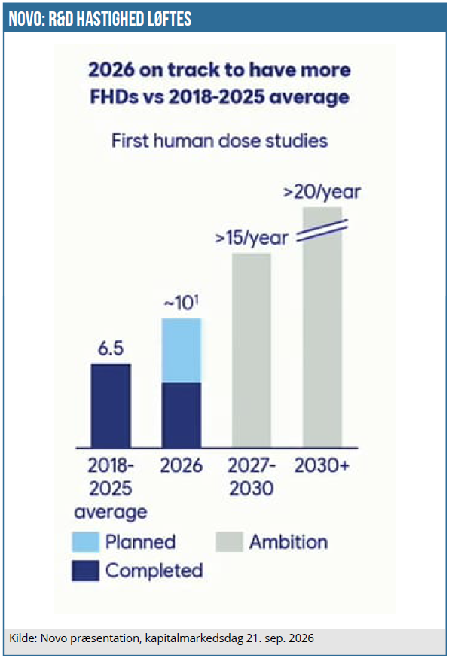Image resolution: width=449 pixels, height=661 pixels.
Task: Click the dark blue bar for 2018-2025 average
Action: (x=111, y=406)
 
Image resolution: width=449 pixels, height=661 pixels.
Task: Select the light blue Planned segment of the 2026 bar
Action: (x=182, y=351)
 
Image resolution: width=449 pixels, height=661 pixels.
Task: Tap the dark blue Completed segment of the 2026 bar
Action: (x=182, y=416)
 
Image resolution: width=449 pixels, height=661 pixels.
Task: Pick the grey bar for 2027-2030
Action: (x=252, y=350)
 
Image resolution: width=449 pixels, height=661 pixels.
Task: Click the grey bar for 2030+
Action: (x=322, y=327)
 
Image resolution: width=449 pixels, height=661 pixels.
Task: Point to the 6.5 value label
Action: (x=111, y=349)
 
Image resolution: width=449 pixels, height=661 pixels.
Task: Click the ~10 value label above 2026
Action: (x=181, y=303)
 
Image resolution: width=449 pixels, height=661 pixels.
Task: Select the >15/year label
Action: (x=252, y=238)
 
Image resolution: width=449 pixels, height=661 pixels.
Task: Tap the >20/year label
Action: (x=322, y=192)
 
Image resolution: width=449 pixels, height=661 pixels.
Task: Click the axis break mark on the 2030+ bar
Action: (x=322, y=231)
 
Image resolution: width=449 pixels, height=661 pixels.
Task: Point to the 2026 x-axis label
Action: (x=182, y=466)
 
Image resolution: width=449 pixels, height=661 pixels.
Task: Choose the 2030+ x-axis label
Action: (x=322, y=466)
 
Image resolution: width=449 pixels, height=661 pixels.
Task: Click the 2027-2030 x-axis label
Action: (x=252, y=477)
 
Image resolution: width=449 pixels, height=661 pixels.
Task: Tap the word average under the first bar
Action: (x=111, y=512)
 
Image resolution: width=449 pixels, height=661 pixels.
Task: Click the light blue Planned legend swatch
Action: (x=85, y=542)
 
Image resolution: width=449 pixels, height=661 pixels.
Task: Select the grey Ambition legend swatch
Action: (x=230, y=542)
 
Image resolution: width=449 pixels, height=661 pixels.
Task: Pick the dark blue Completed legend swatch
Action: (x=85, y=571)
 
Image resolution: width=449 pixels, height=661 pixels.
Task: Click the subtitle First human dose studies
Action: (x=219, y=141)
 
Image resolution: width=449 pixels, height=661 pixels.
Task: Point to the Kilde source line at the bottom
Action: (x=161, y=638)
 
